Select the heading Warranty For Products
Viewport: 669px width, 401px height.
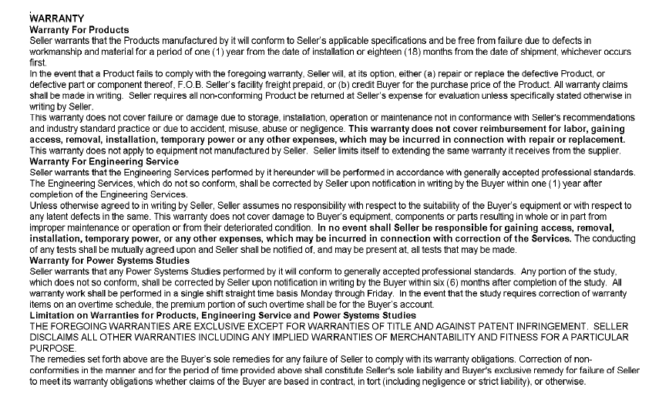[78, 29]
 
